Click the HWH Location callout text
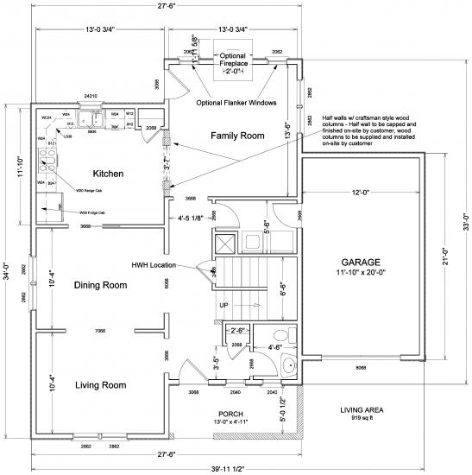(x=162, y=265)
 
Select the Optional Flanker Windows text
(x=236, y=102)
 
